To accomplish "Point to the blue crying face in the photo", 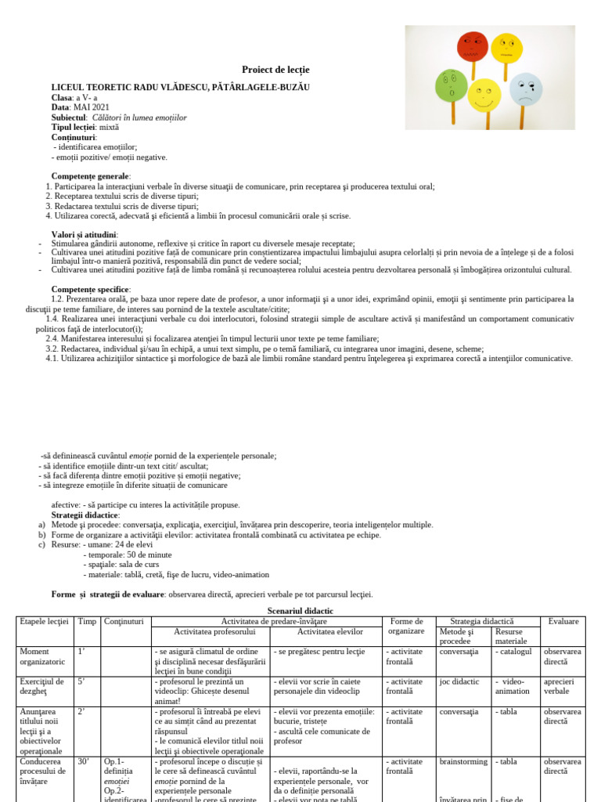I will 526,89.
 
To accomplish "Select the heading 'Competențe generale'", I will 91,176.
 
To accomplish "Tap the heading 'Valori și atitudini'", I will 85,234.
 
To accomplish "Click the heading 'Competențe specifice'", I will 91,289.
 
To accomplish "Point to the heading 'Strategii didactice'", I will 85,515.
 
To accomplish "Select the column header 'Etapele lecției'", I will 45,621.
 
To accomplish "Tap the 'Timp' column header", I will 87,621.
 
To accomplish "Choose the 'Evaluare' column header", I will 563,621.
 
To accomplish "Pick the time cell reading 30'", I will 83,761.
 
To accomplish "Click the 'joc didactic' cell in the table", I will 459,681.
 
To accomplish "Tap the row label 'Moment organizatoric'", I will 45,656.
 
